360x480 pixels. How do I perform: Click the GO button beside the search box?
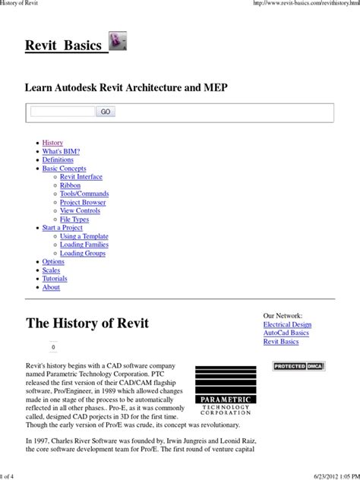[106, 112]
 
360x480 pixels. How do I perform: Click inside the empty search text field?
[62, 112]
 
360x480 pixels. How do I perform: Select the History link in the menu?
[52, 143]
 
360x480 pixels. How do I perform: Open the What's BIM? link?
[62, 151]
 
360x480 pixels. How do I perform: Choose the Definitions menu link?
[58, 160]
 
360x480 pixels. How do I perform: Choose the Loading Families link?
[84, 245]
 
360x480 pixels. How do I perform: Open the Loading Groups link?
[82, 254]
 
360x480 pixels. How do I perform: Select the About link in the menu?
[51, 287]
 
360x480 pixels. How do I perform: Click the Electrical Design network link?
[287, 324]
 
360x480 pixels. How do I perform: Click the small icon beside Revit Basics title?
[118, 43]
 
